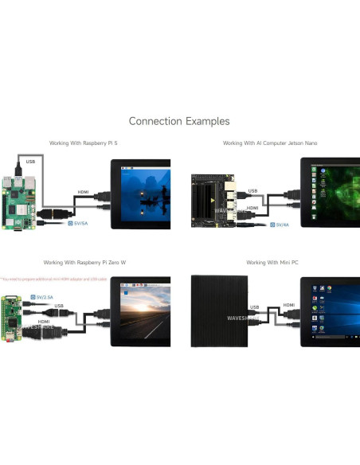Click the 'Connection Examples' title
pos(179,121)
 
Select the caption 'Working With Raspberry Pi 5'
pos(83,143)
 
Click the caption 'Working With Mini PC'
pos(267,262)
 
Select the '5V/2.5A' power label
pos(45,296)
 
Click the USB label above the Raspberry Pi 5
pos(30,162)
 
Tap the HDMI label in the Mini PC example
pos(288,305)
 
